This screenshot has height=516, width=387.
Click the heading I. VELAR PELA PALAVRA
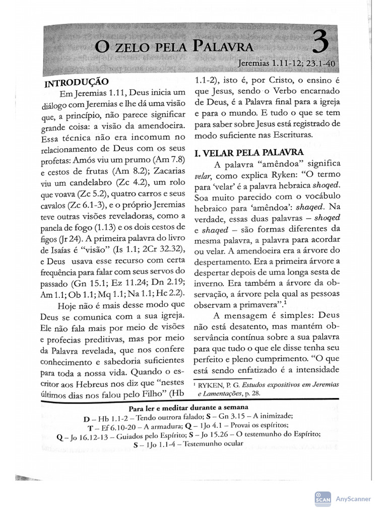pyautogui.click(x=249, y=152)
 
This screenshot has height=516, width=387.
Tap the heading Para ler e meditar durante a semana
pyautogui.click(x=188, y=407)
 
